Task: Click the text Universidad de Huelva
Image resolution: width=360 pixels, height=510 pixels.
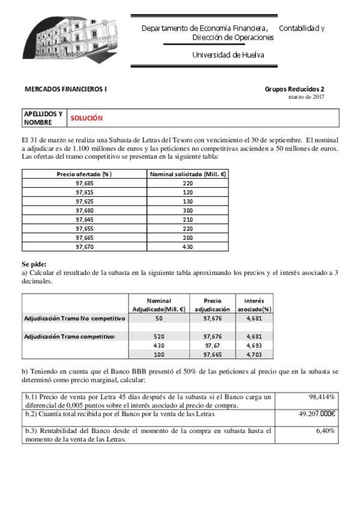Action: pyautogui.click(x=228, y=55)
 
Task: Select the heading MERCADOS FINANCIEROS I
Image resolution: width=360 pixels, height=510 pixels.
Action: pyautogui.click(x=66, y=89)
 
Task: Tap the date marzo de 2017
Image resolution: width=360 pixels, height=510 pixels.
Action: pyautogui.click(x=307, y=97)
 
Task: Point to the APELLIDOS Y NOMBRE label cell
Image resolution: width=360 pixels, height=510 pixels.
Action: pyautogui.click(x=43, y=118)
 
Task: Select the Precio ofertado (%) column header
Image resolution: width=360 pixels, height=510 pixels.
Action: pyautogui.click(x=85, y=174)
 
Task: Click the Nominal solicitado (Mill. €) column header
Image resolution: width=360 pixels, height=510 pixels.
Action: pyautogui.click(x=188, y=174)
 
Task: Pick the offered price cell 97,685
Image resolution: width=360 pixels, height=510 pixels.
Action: pyautogui.click(x=85, y=183)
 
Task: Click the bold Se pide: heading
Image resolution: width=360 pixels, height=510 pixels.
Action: pyautogui.click(x=34, y=264)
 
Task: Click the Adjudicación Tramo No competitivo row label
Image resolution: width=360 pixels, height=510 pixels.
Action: pyautogui.click(x=74, y=318)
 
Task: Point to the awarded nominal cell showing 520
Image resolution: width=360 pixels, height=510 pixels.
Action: pyautogui.click(x=159, y=336)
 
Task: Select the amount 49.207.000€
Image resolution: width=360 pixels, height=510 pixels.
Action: pyautogui.click(x=317, y=414)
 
